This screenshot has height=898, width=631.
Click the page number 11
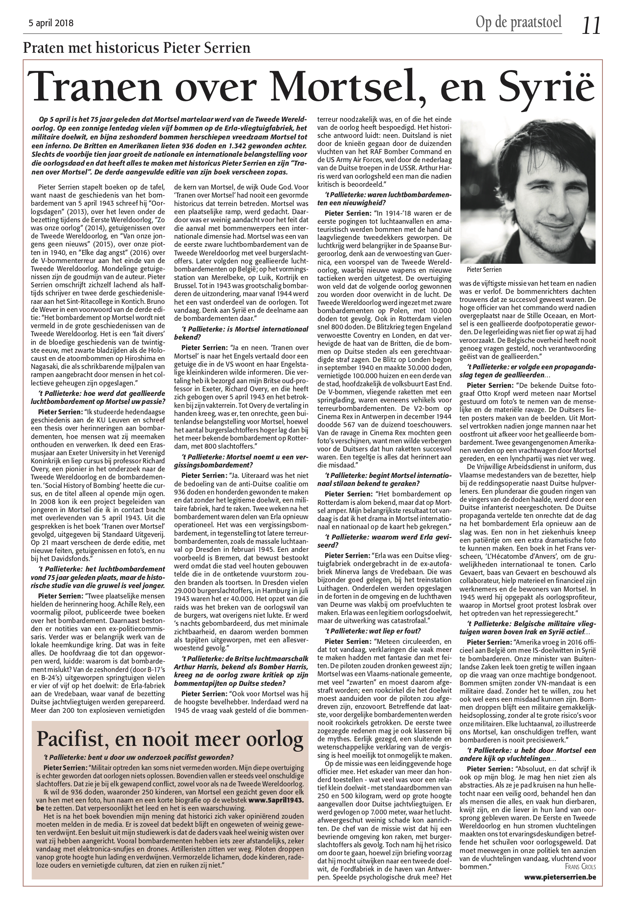point(590,26)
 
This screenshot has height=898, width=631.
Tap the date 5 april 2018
point(51,23)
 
